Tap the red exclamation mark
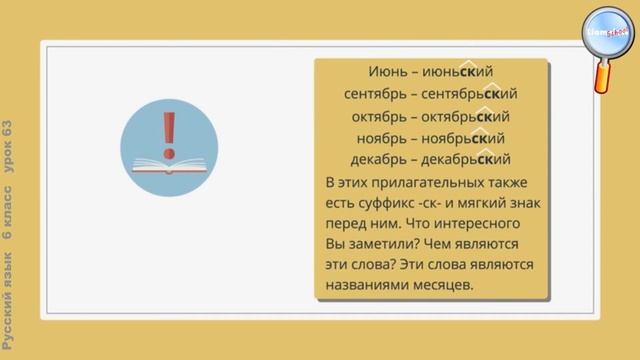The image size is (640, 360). pos(168,130)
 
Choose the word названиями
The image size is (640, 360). pos(369,286)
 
